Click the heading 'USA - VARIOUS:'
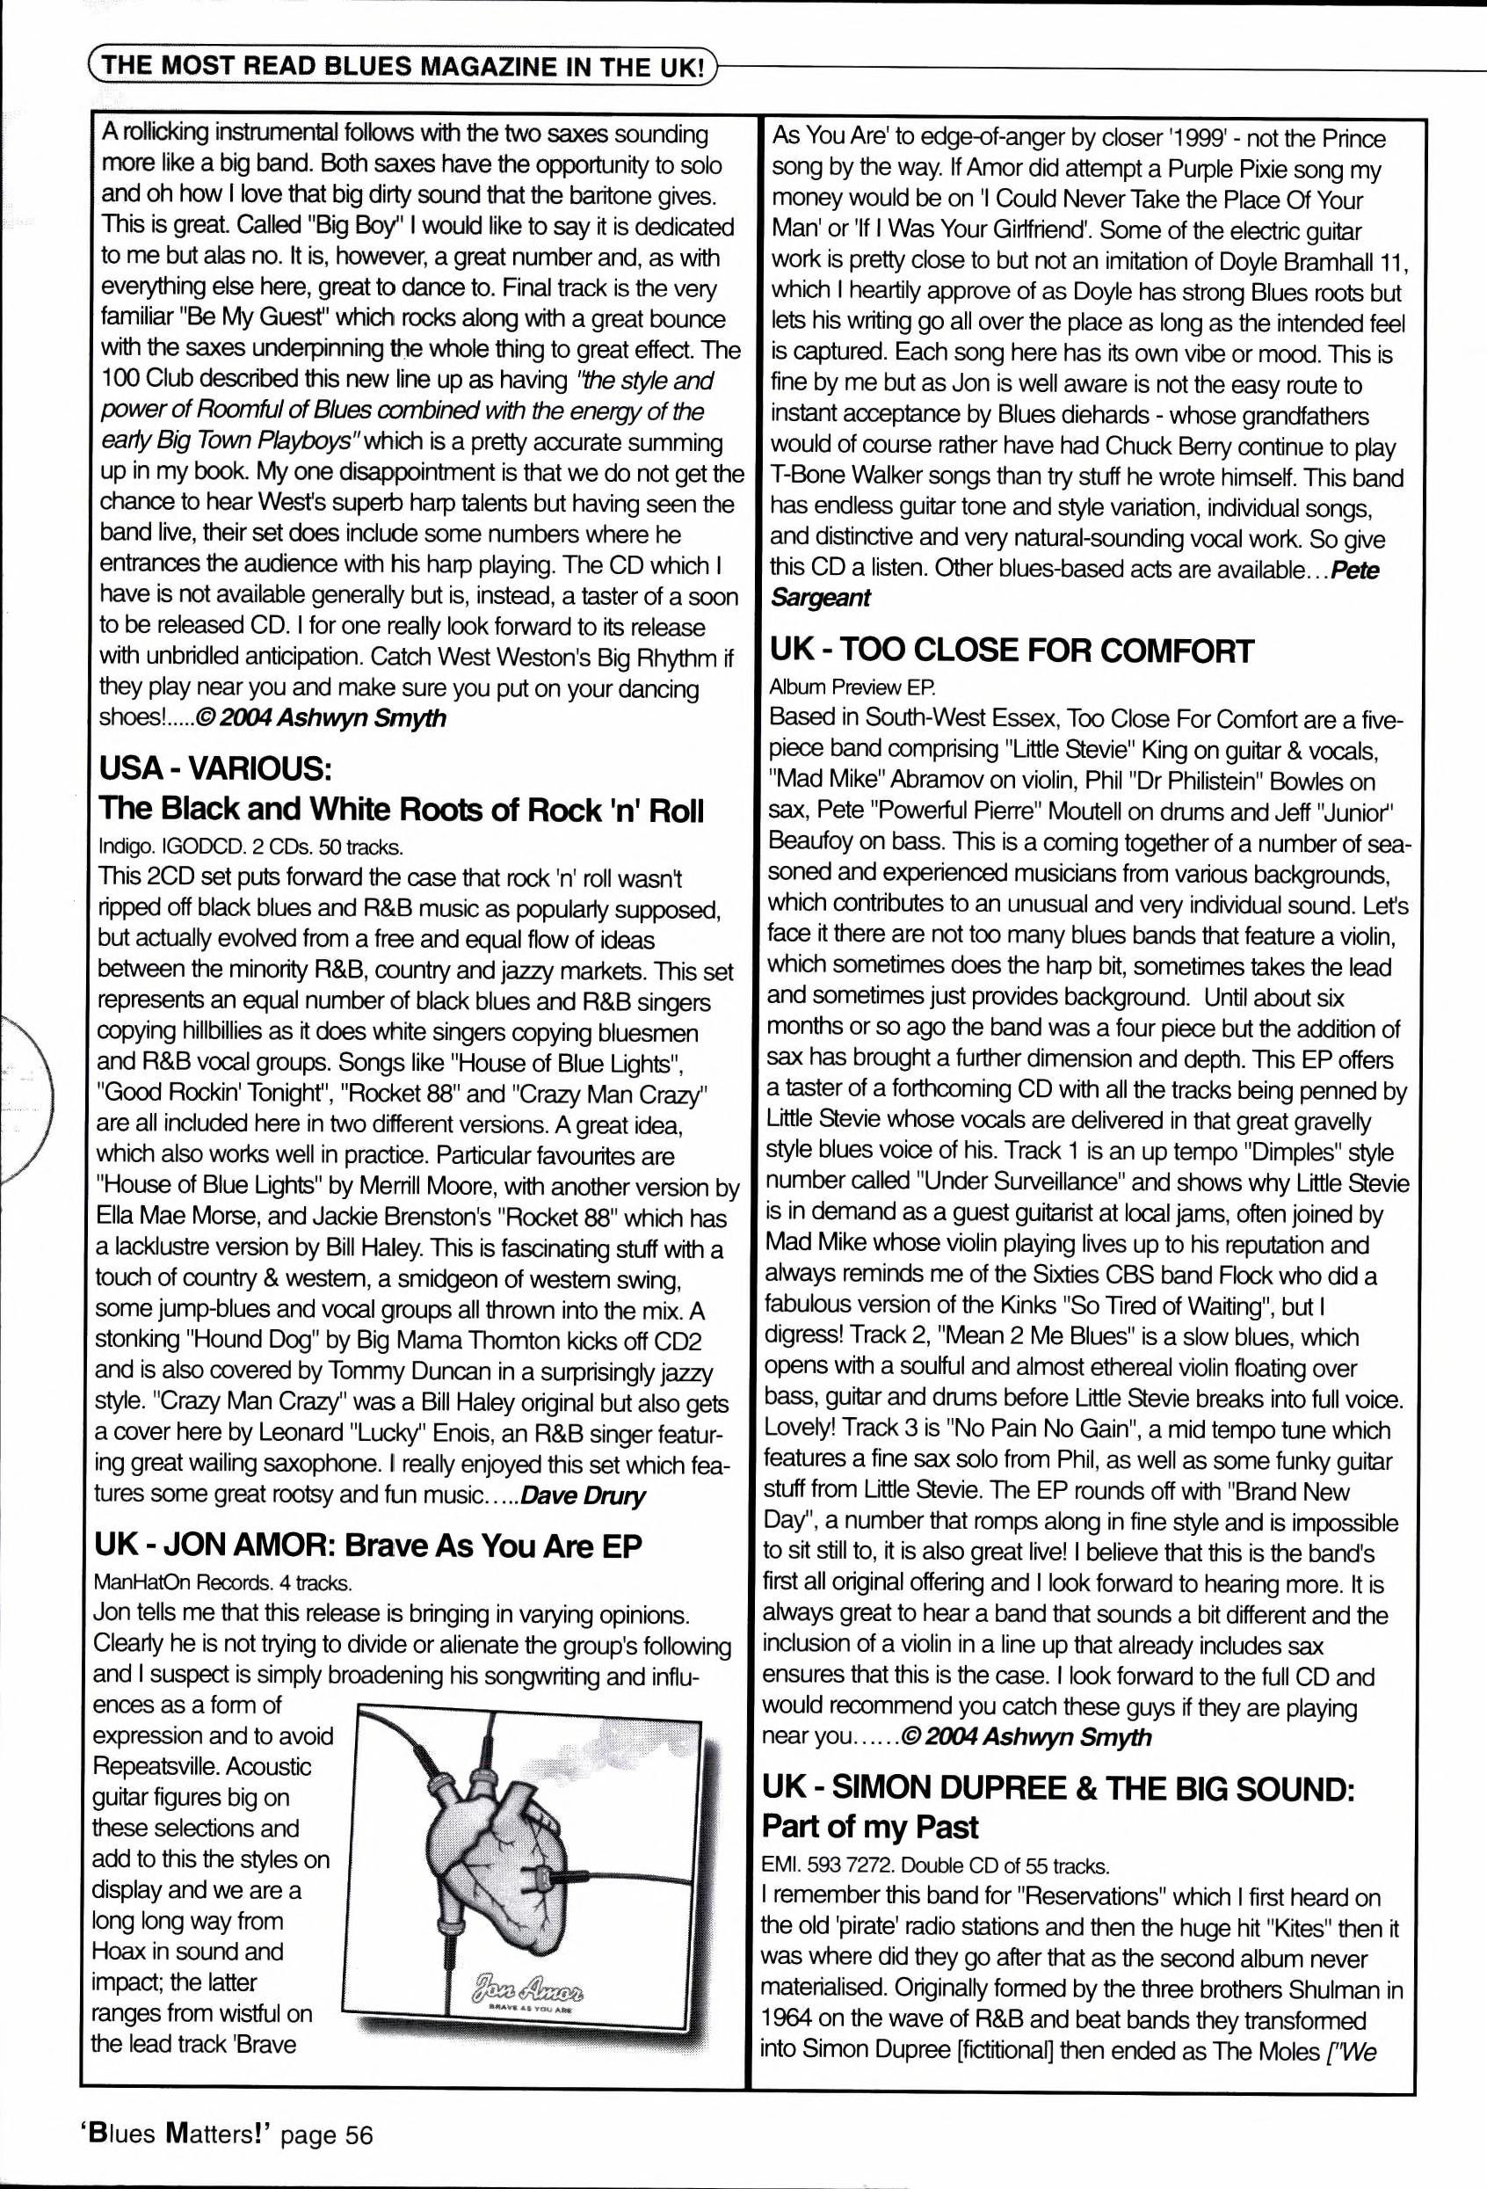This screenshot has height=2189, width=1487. pos(214,768)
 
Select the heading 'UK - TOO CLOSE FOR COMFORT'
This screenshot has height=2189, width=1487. pos(1012,651)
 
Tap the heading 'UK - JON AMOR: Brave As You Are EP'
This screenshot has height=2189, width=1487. pos(368,1545)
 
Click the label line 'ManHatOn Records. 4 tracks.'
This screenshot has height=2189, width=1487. pos(223,1581)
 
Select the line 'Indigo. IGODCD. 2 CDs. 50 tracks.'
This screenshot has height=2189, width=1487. pos(251,847)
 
